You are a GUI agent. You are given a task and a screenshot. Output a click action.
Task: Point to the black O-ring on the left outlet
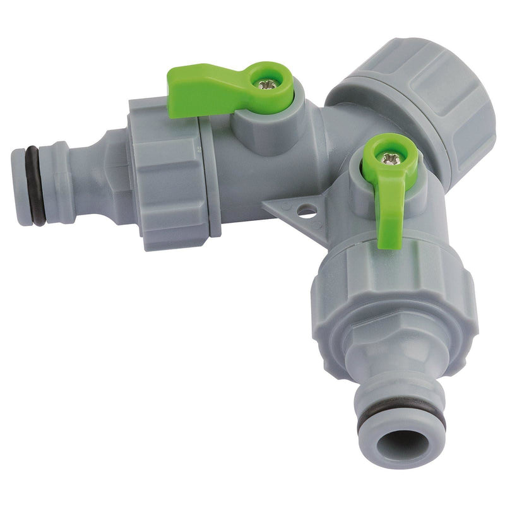[34, 186]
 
